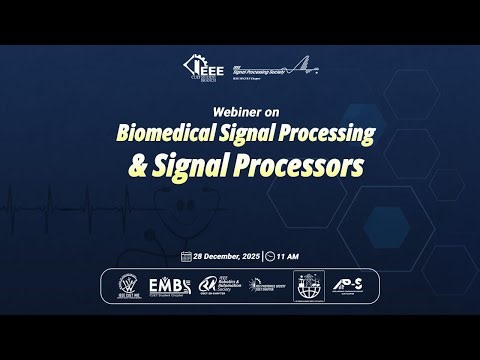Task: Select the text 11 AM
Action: (288, 256)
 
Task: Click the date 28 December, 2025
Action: (225, 256)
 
